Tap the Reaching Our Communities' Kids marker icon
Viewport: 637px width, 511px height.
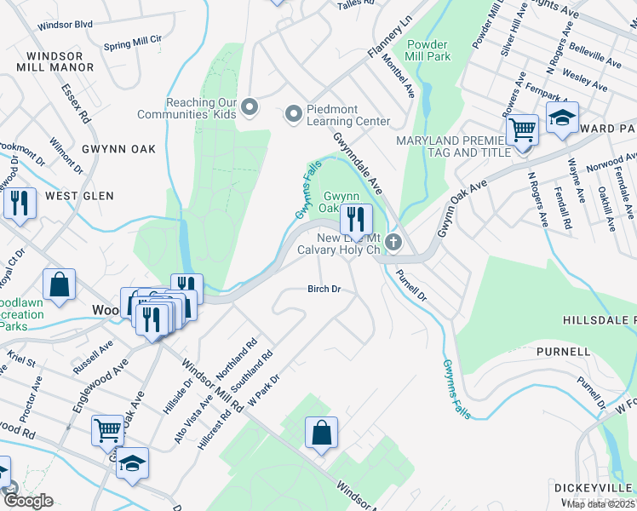coord(250,106)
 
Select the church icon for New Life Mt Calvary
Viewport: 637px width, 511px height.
coord(393,242)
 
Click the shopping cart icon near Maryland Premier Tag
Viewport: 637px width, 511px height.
coord(522,130)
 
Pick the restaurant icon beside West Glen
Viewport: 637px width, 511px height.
coord(19,204)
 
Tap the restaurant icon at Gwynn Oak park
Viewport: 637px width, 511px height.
coord(356,219)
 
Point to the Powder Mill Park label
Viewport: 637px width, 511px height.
coord(428,50)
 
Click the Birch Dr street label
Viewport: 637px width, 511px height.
coord(324,290)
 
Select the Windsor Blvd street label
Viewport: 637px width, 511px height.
coord(65,26)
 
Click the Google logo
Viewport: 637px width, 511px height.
coord(28,501)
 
